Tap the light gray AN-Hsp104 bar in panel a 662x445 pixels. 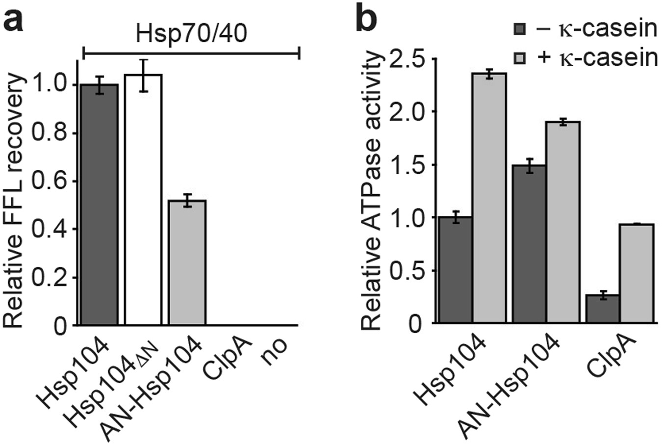(x=187, y=262)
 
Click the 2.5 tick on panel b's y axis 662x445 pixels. (x=406, y=59)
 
